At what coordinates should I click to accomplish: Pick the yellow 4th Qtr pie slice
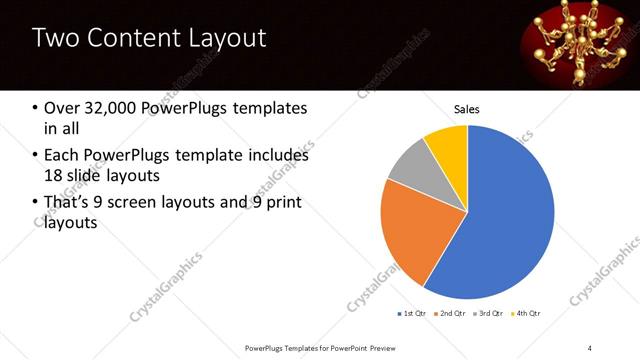tap(446, 146)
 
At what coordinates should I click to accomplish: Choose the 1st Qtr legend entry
tap(412, 314)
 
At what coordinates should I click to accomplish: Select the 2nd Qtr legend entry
tap(450, 314)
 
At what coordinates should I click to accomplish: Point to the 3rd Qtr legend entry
tap(489, 314)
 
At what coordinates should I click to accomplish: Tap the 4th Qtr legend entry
tap(526, 314)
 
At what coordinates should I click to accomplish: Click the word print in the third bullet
tap(281, 204)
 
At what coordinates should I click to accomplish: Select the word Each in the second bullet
tap(62, 155)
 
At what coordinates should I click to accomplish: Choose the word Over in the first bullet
tap(63, 108)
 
